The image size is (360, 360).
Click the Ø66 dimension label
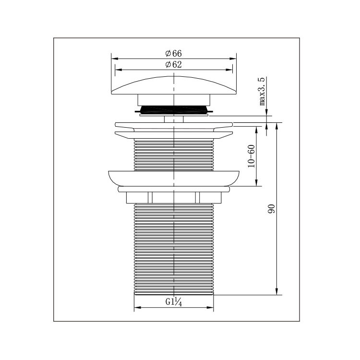(174, 53)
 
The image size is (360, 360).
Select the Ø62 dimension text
(174, 64)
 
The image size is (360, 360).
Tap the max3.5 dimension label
(262, 91)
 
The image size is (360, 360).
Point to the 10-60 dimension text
(252, 156)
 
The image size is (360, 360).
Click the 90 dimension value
(271, 209)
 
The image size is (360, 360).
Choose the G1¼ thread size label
(174, 302)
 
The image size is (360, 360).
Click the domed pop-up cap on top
(174, 85)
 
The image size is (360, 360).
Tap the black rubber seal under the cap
(174, 109)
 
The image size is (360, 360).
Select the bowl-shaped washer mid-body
(174, 179)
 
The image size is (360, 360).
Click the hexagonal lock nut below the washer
(174, 198)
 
